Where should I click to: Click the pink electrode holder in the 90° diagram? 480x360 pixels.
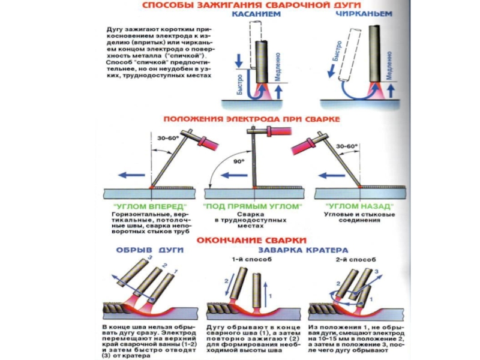(277, 131)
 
